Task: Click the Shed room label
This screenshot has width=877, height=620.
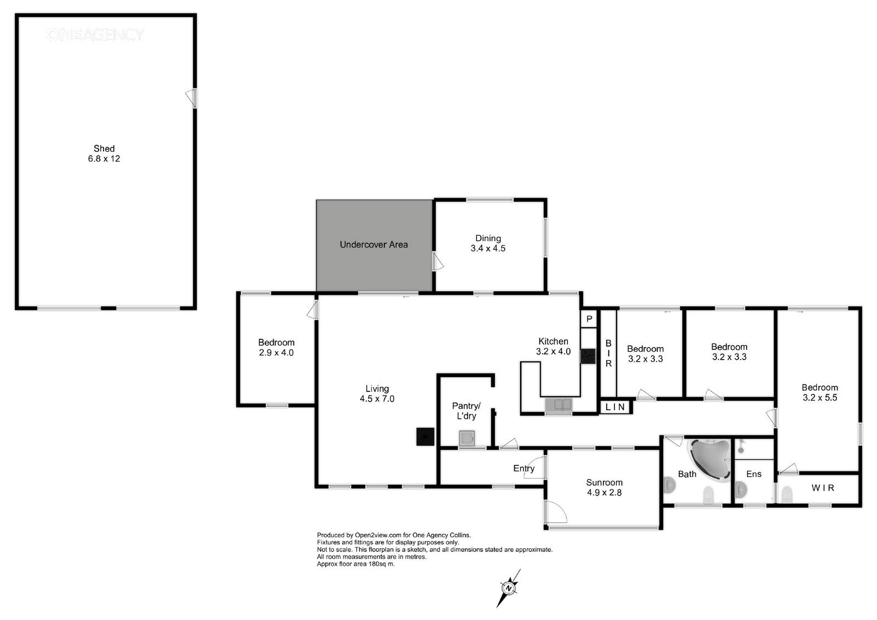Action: (x=104, y=149)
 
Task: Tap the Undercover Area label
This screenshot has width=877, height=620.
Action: (x=373, y=245)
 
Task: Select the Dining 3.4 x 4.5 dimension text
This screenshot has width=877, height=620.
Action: (x=488, y=248)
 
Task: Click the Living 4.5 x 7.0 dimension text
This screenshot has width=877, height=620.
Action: (x=377, y=399)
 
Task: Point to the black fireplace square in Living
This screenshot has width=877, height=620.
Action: (x=425, y=436)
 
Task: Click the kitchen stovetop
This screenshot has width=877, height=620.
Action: (x=588, y=356)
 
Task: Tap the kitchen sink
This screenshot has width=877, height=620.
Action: (x=559, y=405)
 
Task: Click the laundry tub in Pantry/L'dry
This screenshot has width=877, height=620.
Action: (x=466, y=438)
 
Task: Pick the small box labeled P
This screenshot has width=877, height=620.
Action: (x=589, y=319)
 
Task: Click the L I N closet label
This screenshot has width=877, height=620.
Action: (x=615, y=407)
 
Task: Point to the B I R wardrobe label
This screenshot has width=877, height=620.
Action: (x=608, y=353)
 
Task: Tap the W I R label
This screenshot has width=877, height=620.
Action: (x=823, y=488)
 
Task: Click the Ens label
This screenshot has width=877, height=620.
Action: (x=754, y=474)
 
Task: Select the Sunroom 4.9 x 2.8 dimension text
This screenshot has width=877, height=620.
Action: (x=604, y=493)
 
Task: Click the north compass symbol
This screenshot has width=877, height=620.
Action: (x=509, y=588)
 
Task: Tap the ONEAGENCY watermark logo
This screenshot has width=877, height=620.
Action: (x=95, y=35)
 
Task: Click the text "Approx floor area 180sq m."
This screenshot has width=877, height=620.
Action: (x=356, y=564)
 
